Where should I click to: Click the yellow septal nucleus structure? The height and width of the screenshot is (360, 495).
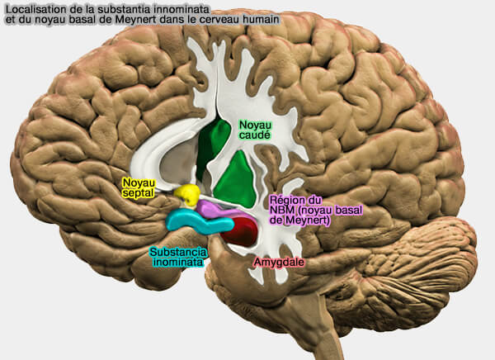click(187, 194)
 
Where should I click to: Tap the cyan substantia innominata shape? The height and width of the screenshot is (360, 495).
click(198, 222)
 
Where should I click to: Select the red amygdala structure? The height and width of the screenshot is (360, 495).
click(241, 230)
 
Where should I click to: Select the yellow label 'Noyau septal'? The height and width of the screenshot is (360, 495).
click(139, 187)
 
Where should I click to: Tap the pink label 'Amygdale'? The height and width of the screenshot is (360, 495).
click(279, 262)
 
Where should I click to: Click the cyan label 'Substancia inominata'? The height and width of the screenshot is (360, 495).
click(178, 257)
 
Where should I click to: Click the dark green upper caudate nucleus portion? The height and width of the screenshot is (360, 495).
click(212, 146)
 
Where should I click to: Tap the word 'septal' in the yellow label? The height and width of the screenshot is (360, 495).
click(139, 193)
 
